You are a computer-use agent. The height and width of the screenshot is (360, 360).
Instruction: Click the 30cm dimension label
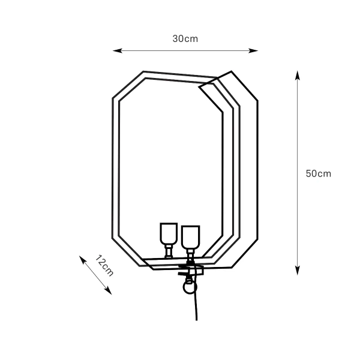coord(185,38)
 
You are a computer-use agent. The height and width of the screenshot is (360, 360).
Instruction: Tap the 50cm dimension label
coord(318,173)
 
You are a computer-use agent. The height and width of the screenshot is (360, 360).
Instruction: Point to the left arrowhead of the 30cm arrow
coord(116,51)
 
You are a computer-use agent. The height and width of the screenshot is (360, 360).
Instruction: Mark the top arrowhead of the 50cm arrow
coord(297,75)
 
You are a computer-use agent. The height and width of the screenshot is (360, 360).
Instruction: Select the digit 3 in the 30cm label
coord(176,38)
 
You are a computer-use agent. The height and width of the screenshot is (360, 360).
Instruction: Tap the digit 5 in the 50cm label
coord(308,173)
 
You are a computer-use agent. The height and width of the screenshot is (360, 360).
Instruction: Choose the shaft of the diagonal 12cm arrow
coord(96,274)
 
